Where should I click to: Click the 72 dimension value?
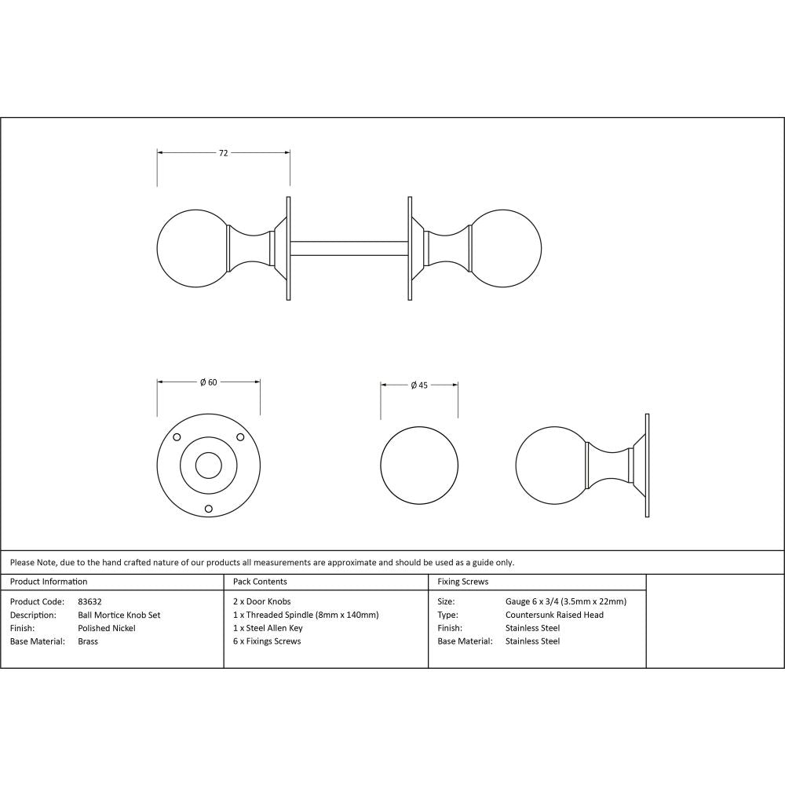[x=223, y=153]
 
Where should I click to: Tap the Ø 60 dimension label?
[x=208, y=382]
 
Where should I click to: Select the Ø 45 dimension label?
[x=418, y=385]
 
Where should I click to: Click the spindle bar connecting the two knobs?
[x=349, y=247]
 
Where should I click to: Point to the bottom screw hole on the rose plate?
[x=208, y=509]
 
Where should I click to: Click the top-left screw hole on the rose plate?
[x=177, y=437]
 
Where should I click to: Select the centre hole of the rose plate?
[x=208, y=466]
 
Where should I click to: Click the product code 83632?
[x=90, y=602]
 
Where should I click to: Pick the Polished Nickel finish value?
[x=107, y=628]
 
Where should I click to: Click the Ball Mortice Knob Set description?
[x=119, y=615]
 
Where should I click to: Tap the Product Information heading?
[x=49, y=582]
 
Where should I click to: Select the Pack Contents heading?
[x=260, y=582]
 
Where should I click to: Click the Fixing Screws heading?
[x=463, y=582]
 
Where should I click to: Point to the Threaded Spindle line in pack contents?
[x=306, y=615]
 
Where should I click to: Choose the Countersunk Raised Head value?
[x=554, y=615]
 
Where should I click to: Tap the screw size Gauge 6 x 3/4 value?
[x=565, y=602]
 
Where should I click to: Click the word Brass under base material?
[x=88, y=641]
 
